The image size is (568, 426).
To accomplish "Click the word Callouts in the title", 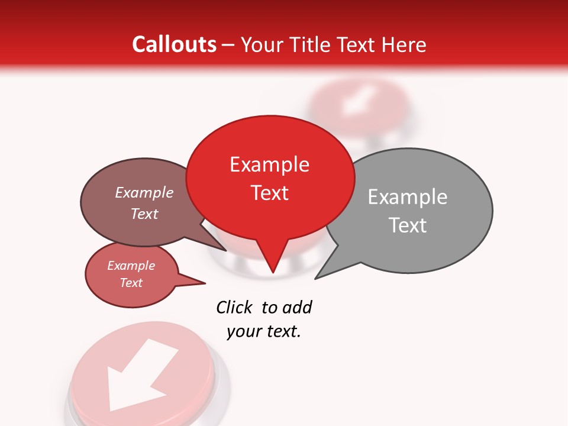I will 175,44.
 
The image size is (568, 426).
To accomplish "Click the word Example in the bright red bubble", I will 269,164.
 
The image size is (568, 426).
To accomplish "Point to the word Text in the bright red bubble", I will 269,193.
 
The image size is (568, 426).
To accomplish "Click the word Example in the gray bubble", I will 407,197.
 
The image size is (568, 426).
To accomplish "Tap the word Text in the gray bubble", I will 408,225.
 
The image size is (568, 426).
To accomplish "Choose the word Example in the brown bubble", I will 144,192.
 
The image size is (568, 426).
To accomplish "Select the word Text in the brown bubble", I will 144,214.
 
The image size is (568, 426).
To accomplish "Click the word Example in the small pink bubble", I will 131,266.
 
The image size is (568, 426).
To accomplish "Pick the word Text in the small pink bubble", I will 131,283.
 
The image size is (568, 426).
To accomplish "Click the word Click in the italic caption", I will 234,307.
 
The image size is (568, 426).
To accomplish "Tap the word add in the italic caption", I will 296,307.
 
